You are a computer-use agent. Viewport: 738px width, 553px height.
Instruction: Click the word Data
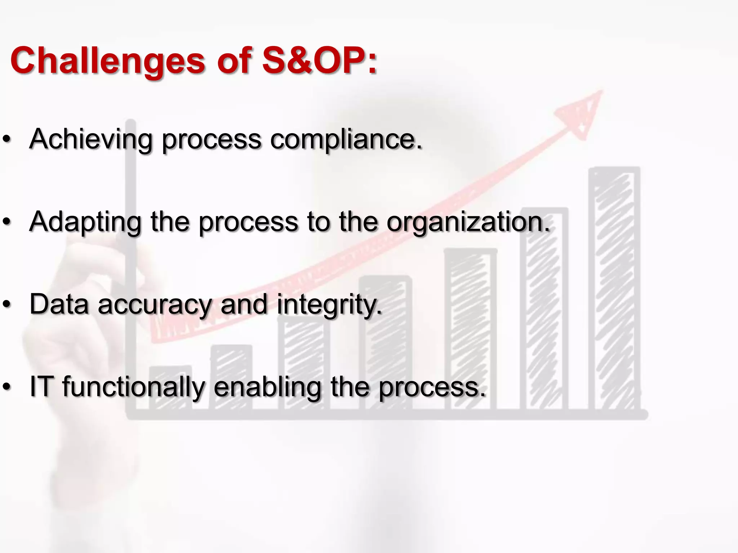pos(59,304)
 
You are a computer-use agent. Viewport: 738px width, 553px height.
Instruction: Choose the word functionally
pos(133,387)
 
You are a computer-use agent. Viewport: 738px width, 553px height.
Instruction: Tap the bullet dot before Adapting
pos(7,222)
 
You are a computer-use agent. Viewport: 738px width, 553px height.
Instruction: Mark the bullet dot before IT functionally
pos(7,387)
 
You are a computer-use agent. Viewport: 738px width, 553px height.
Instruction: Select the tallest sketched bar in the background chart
pos(614,288)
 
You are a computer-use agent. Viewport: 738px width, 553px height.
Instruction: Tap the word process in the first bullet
pos(211,140)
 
